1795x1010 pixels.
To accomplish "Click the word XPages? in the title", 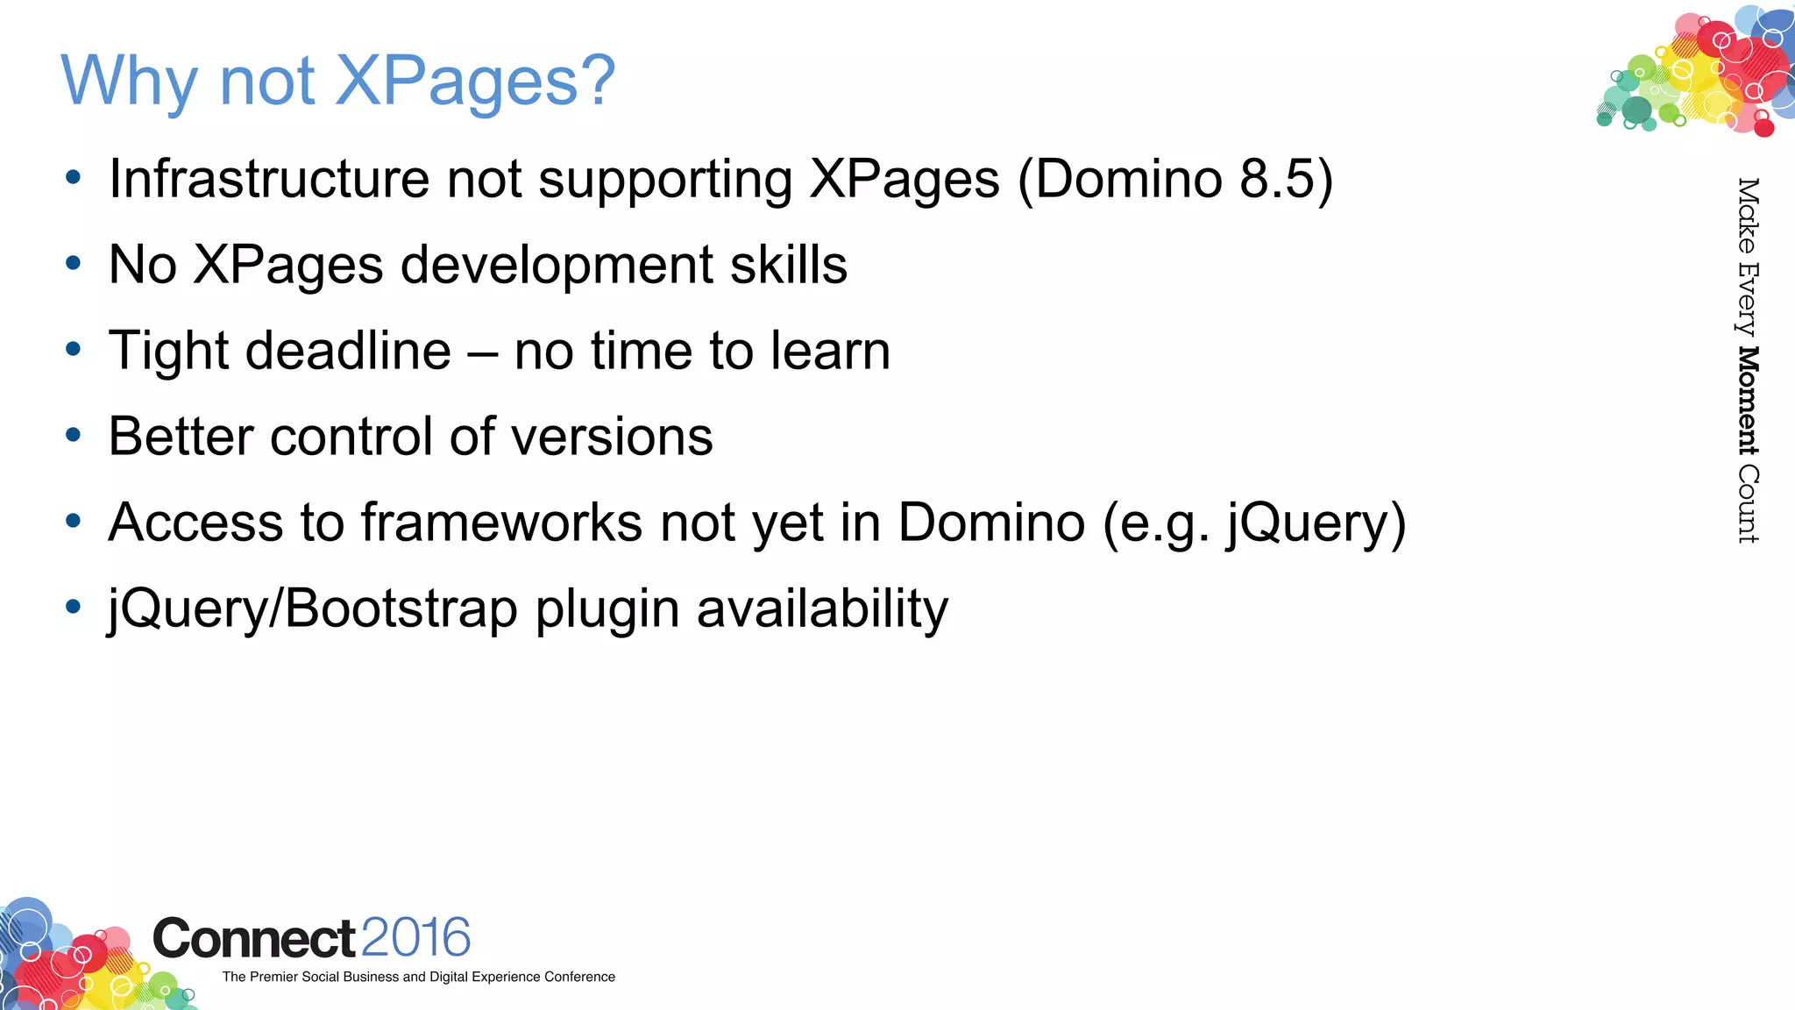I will click(476, 81).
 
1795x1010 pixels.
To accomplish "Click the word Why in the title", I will click(130, 81).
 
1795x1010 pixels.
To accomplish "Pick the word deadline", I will click(349, 351).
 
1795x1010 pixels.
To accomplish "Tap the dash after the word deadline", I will click(482, 352).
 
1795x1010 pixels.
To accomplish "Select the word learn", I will click(830, 351).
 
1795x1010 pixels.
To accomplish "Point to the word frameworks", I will click(502, 523).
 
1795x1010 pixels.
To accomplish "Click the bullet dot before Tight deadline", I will click(74, 350).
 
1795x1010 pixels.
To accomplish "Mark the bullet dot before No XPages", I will click(74, 263).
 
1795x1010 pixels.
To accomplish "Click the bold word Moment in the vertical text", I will click(1748, 401).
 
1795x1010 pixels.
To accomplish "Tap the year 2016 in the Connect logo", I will click(415, 938).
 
